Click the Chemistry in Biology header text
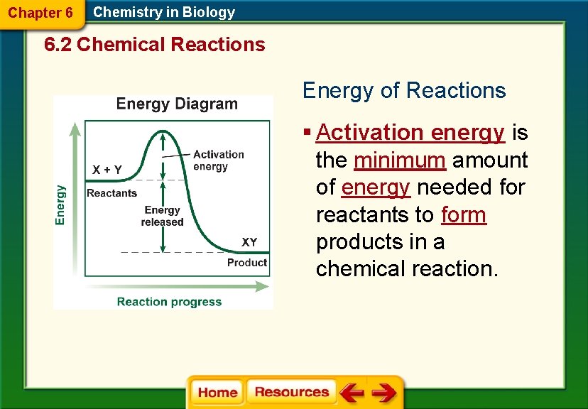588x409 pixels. pyautogui.click(x=164, y=12)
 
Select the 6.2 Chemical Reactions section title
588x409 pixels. pyautogui.click(x=154, y=45)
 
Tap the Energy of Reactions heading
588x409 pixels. pyautogui.click(x=404, y=91)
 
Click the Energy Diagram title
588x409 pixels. pyautogui.click(x=177, y=104)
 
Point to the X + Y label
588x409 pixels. pyautogui.click(x=107, y=170)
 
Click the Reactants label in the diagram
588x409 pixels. pyautogui.click(x=111, y=193)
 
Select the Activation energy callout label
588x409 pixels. pyautogui.click(x=218, y=160)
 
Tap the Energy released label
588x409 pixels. pyautogui.click(x=162, y=216)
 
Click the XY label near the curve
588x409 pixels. pyautogui.click(x=249, y=242)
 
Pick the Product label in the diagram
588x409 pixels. pyautogui.click(x=246, y=263)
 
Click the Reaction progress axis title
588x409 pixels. pyautogui.click(x=169, y=302)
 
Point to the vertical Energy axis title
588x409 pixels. pyautogui.click(x=61, y=205)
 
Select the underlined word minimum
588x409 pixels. pyautogui.click(x=399, y=160)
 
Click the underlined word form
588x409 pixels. pyautogui.click(x=464, y=214)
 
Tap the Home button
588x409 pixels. pyautogui.click(x=217, y=393)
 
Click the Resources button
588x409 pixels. pyautogui.click(x=291, y=392)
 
